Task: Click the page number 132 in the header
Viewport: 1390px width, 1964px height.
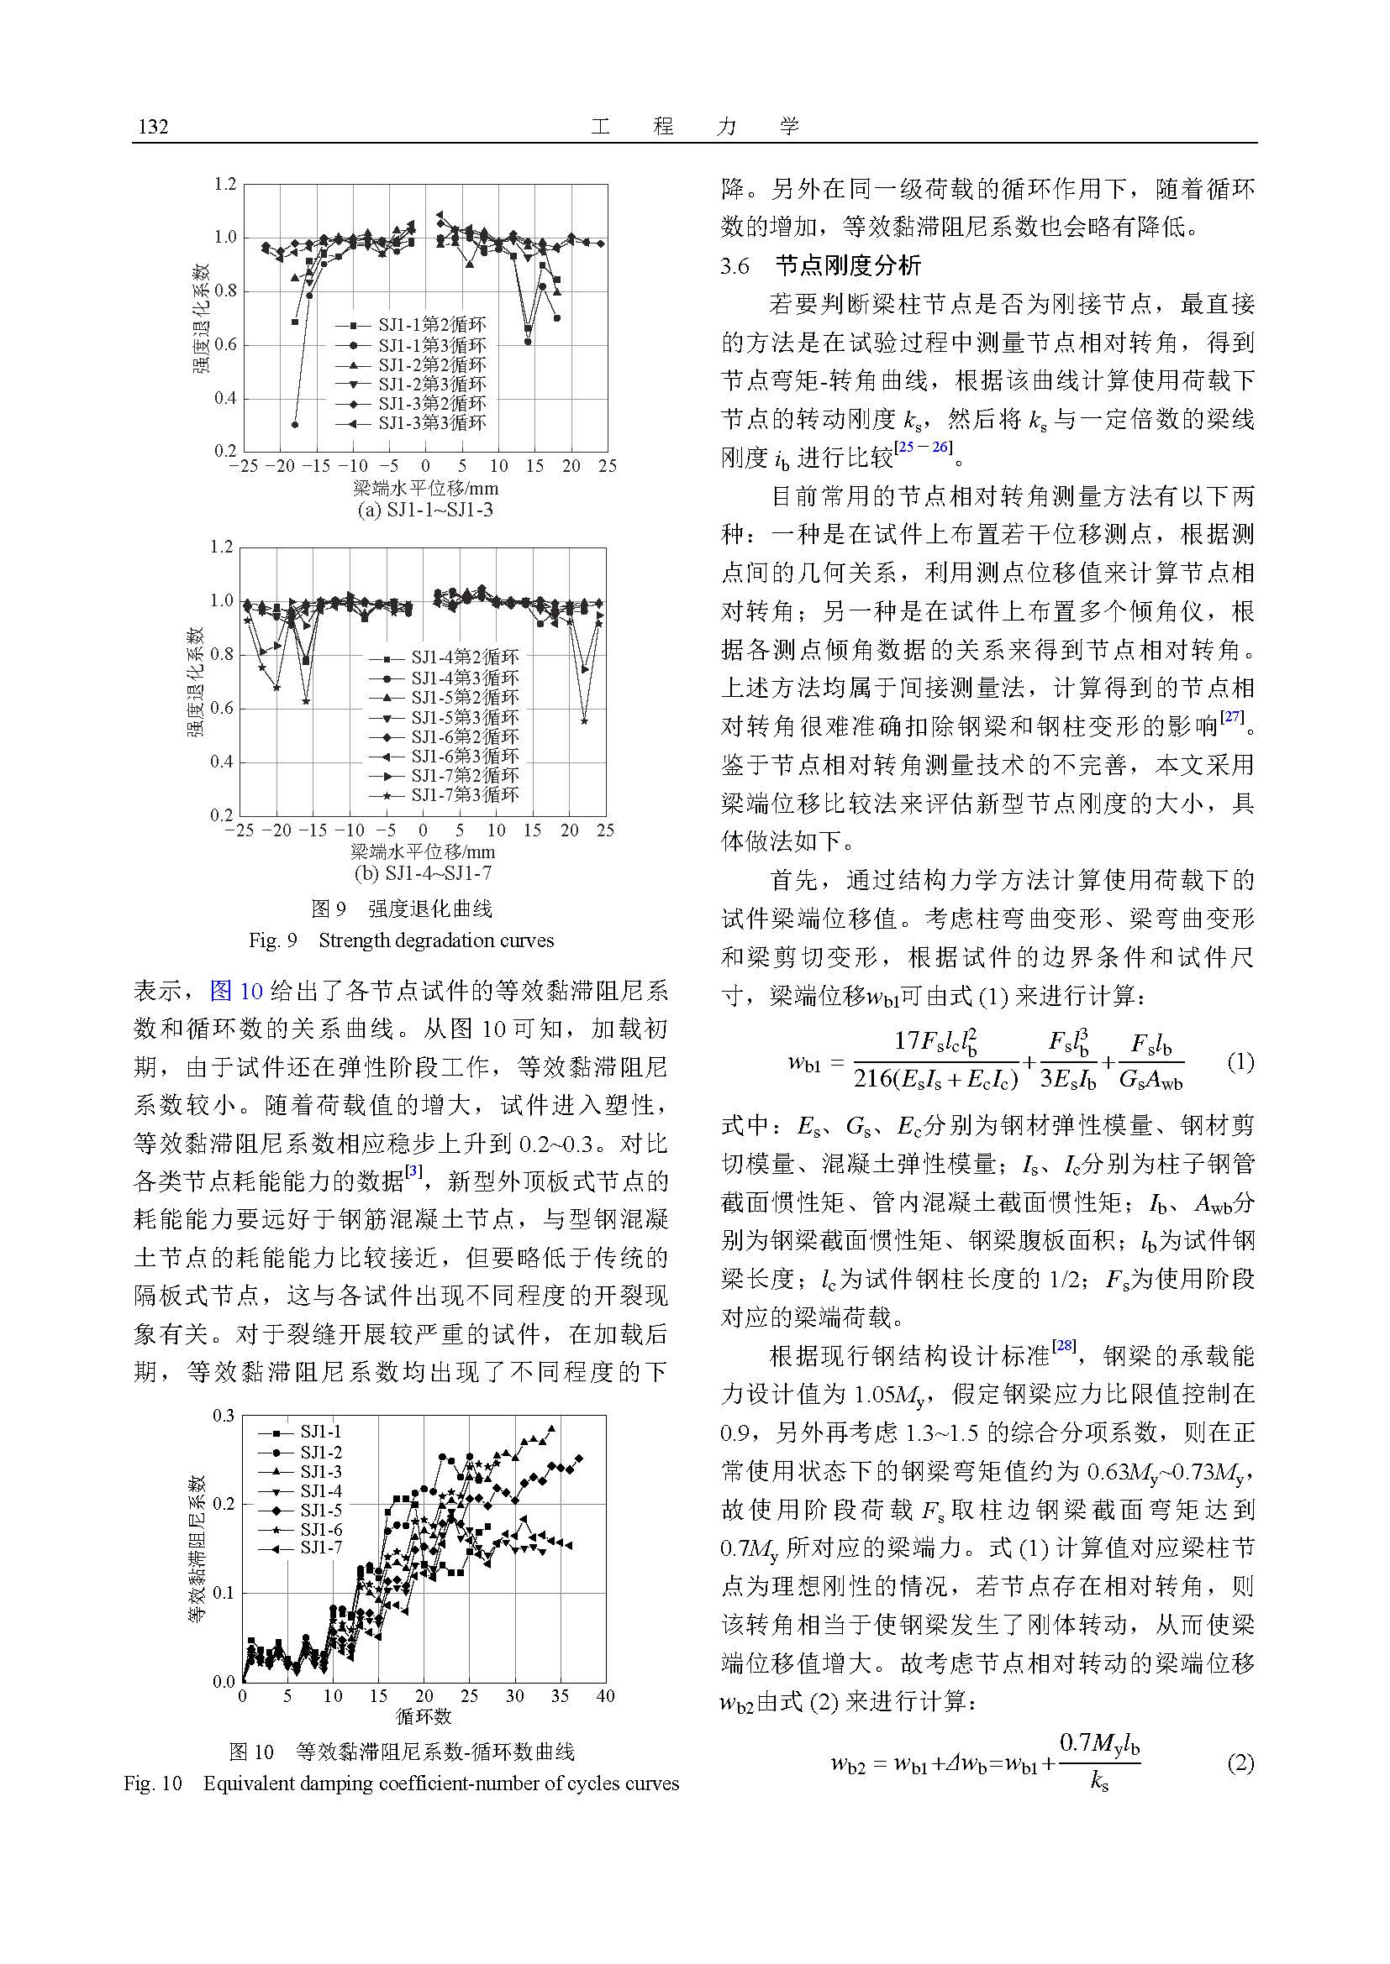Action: [x=152, y=128]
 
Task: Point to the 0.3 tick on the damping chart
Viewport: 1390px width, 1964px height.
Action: [x=224, y=1416]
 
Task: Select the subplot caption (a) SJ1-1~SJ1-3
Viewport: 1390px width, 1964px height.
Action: [x=424, y=511]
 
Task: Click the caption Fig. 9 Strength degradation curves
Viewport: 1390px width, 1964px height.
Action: [x=401, y=940]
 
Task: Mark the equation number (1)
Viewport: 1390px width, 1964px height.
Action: [x=1240, y=1062]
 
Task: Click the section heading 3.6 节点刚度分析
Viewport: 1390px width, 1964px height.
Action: [x=821, y=266]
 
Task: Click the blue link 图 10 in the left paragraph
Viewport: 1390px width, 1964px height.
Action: [x=235, y=992]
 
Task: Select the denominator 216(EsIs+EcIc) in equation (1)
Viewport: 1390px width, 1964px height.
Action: [x=935, y=1080]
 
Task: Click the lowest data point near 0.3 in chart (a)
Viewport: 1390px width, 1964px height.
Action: [x=295, y=424]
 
